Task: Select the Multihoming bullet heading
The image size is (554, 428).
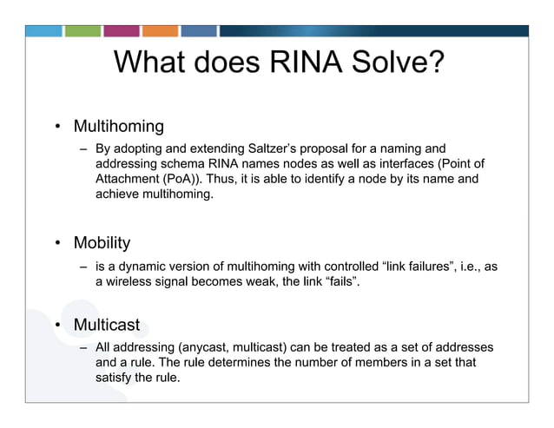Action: tap(118, 127)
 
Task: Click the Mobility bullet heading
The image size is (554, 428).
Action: tap(102, 243)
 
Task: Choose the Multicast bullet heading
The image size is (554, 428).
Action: tap(106, 326)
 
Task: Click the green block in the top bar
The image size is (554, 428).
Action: tap(83, 30)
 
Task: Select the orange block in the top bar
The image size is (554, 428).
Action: tap(160, 30)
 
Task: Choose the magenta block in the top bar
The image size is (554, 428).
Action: tap(122, 30)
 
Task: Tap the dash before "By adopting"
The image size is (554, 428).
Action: tap(84, 149)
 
